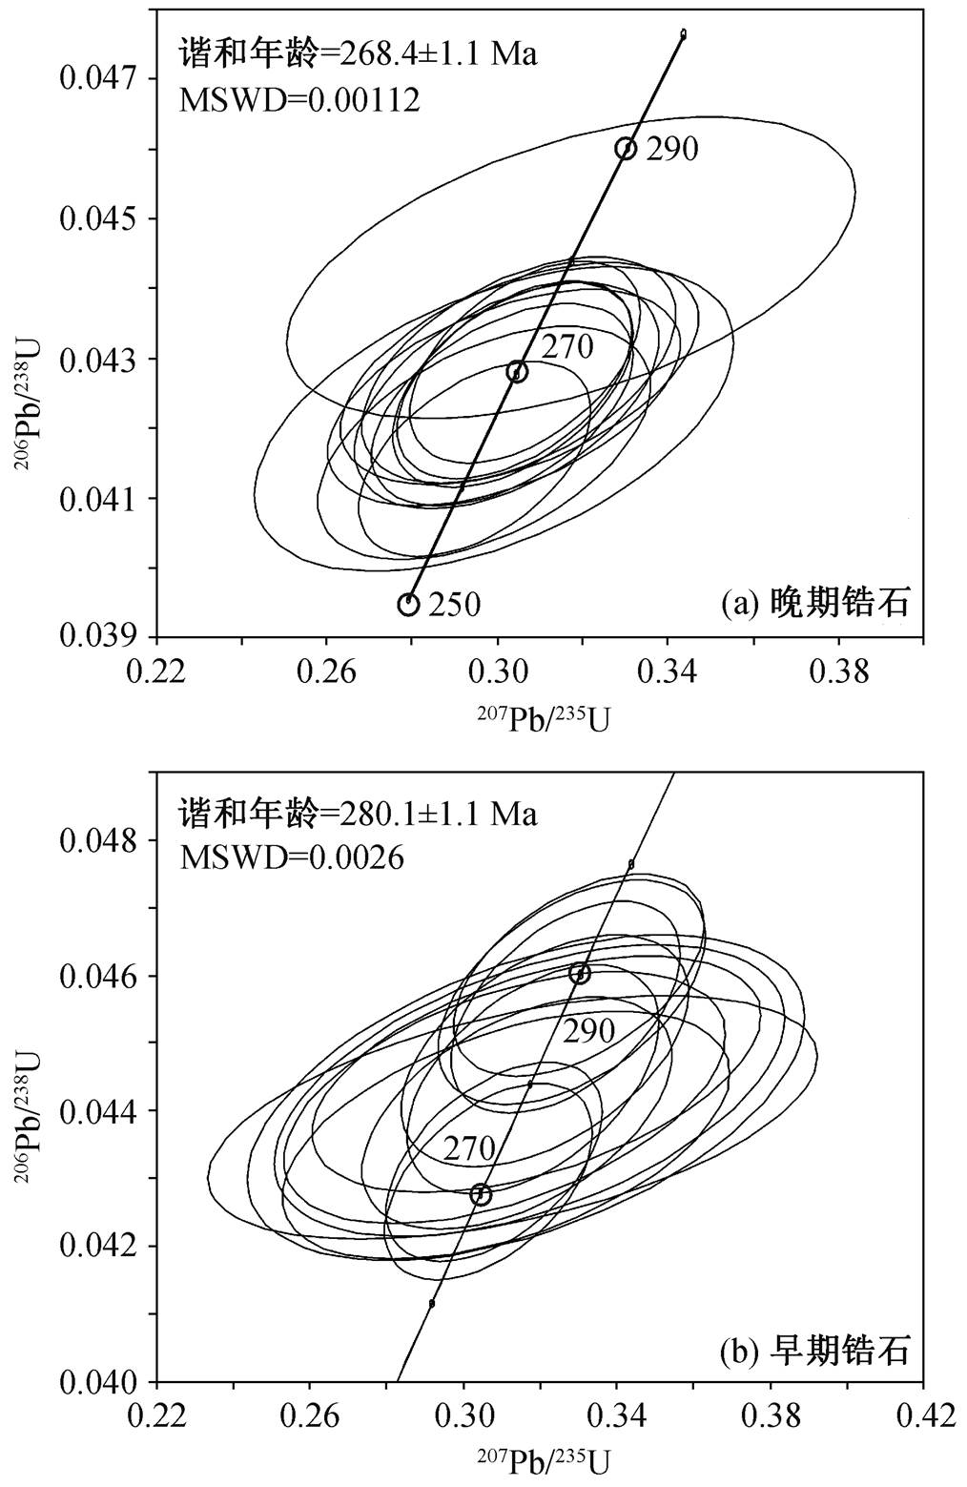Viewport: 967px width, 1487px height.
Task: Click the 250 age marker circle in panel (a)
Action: [408, 604]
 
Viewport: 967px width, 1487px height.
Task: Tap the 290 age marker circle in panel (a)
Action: [626, 149]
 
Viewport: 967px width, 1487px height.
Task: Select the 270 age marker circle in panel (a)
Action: [518, 372]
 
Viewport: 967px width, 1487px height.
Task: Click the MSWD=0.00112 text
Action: [300, 100]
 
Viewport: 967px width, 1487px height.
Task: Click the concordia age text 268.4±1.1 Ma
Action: [439, 54]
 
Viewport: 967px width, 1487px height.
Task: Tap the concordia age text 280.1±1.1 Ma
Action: [439, 814]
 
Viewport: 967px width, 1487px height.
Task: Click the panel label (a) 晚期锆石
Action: [815, 604]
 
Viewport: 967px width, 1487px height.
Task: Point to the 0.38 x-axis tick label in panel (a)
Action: [838, 671]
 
